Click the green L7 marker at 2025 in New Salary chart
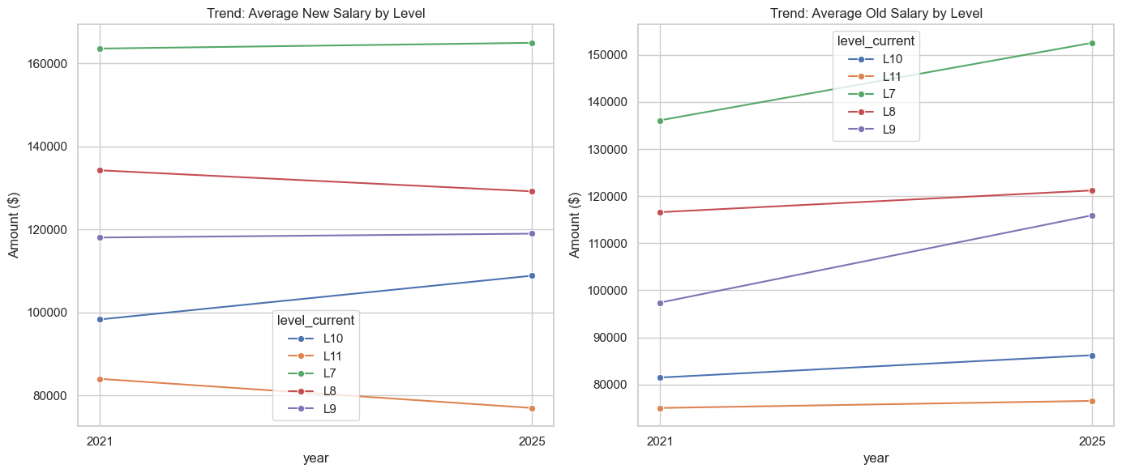(532, 43)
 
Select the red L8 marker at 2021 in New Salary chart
(100, 170)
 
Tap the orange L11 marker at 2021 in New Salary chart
(100, 379)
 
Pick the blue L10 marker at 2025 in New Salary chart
(532, 276)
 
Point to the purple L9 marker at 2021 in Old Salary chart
(661, 303)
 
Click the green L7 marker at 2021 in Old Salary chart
(661, 121)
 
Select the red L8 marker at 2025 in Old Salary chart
(1092, 190)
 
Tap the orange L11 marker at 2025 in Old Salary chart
(1092, 401)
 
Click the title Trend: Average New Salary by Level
(315, 13)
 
